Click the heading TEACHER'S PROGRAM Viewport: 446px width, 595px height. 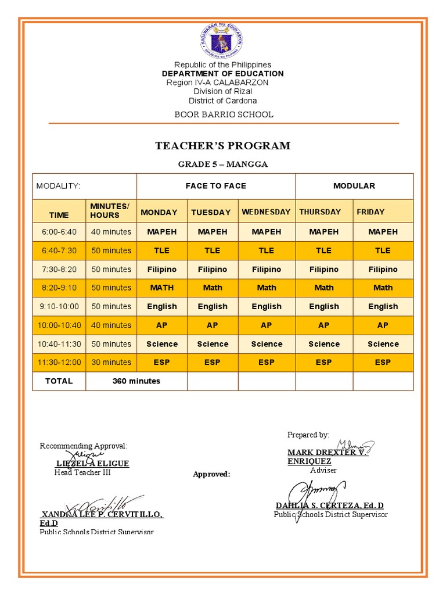click(x=222, y=146)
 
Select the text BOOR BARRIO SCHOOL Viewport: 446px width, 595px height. click(x=224, y=114)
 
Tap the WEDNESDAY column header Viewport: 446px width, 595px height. click(x=266, y=212)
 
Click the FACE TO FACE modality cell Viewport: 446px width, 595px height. click(x=215, y=186)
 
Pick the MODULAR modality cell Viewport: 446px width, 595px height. click(x=354, y=186)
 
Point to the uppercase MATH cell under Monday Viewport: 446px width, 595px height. click(x=161, y=288)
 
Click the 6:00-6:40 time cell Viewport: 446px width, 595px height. click(x=59, y=232)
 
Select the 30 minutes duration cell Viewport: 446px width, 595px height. click(x=111, y=362)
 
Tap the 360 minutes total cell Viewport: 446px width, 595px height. click(x=136, y=381)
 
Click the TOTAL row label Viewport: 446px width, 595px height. click(x=59, y=381)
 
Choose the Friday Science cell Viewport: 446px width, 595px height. click(x=383, y=344)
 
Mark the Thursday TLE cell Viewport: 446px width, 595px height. click(x=323, y=250)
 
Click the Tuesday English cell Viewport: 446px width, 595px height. click(x=213, y=306)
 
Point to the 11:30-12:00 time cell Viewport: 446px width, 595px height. click(x=59, y=362)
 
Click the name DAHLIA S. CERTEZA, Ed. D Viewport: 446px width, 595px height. click(x=329, y=506)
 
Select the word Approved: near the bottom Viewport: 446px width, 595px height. click(x=211, y=474)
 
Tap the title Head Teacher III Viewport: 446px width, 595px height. click(x=82, y=472)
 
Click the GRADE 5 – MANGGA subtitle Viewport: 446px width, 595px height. click(x=222, y=164)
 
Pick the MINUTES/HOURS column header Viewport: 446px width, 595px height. click(x=110, y=211)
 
